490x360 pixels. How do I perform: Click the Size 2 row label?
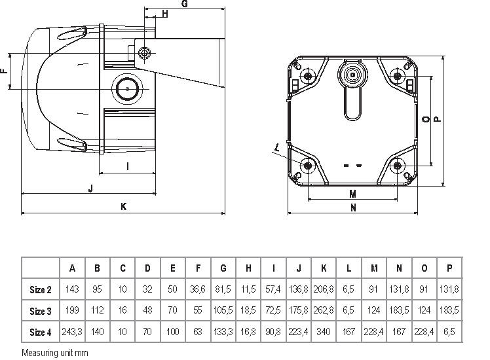41,290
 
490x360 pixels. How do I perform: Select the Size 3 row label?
41,312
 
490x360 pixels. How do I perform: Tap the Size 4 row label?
41,333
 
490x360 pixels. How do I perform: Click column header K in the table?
324,268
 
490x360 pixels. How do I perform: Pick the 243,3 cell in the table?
73,333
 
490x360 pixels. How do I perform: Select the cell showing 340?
324,333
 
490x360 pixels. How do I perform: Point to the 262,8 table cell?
324,312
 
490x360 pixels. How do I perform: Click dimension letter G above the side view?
185,5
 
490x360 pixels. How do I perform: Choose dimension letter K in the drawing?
122,207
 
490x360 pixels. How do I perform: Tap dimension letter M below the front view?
352,194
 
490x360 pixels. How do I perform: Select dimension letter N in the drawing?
352,208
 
